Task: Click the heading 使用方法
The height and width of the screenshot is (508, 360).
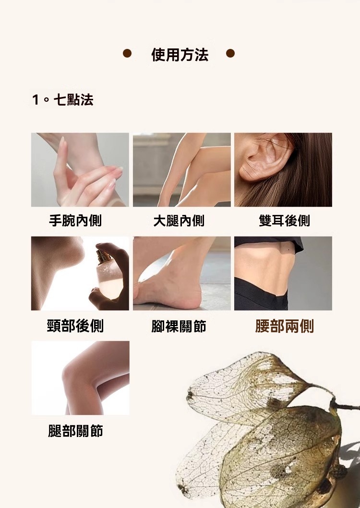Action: coord(180,54)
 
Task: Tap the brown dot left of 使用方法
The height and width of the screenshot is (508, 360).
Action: coord(127,53)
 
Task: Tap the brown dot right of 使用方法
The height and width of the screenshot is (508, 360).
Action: coord(230,53)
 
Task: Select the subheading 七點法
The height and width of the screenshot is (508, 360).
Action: coord(73,100)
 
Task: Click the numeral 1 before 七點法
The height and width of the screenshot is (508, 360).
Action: coord(36,100)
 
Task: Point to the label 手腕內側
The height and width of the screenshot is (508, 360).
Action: coord(75,221)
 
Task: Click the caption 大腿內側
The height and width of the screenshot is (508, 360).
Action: coord(179,221)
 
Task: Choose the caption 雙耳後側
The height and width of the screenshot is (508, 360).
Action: coord(284,221)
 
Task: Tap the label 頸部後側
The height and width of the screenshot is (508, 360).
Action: coord(75,326)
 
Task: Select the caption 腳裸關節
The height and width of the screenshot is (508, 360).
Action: coord(179,326)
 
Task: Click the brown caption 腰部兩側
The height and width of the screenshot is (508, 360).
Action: coord(285,326)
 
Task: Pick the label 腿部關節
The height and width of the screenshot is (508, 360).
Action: coord(75,431)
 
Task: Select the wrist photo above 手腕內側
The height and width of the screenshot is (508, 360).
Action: coord(80,170)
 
